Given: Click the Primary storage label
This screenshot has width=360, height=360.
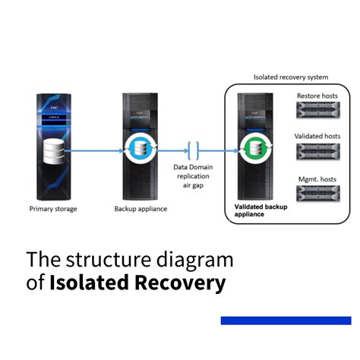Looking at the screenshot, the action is point(53,209).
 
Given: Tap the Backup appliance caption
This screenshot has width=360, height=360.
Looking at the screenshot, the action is point(141,209).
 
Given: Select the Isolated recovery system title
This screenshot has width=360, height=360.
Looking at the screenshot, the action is point(291,77).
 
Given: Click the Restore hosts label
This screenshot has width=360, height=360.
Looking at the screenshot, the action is point(317,96).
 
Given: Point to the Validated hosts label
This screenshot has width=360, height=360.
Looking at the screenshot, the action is point(317,136).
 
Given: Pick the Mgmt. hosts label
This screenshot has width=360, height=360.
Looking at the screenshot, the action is point(317,179).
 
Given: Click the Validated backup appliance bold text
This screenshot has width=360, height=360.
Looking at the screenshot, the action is point(261,210).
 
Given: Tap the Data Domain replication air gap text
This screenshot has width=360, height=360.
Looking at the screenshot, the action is point(193,176).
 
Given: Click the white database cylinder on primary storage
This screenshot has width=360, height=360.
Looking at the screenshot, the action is point(54,151).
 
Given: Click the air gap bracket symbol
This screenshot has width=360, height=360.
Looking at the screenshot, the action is point(194,151).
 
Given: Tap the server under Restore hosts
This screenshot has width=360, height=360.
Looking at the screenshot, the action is point(318,109).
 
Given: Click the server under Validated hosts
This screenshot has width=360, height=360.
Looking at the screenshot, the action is point(318,151).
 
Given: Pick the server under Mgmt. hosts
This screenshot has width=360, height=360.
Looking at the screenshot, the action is point(318,194).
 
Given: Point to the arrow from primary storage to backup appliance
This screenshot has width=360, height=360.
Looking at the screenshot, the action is point(93,151).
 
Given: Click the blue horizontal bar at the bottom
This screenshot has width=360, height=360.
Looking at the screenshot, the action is point(286,321).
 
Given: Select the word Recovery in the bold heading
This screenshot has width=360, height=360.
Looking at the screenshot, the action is point(180,283).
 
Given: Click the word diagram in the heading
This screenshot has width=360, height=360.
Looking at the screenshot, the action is point(194,260).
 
